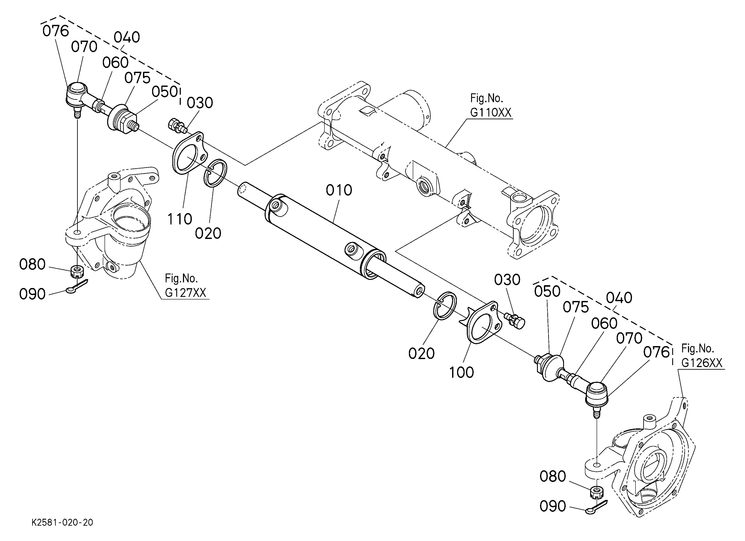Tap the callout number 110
coord(180,219)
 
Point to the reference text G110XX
coord(491,113)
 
